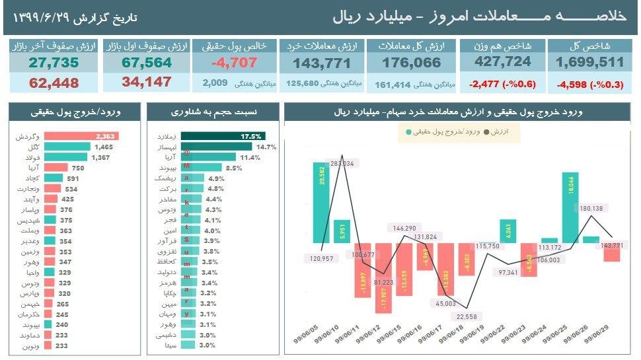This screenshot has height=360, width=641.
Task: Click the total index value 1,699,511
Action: (590, 63)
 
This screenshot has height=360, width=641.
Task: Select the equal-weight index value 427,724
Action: (504, 63)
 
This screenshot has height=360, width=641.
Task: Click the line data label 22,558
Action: (466, 316)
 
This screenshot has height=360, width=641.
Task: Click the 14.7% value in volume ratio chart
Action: (266, 147)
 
